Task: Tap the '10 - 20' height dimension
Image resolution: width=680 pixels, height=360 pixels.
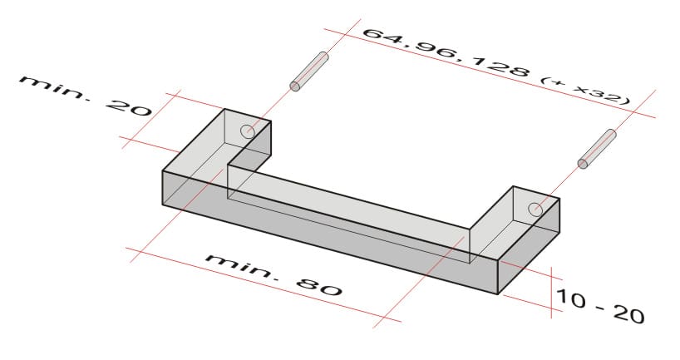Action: (599, 304)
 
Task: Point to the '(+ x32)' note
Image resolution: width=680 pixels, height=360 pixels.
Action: (585, 90)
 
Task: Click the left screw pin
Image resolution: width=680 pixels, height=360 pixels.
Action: (309, 71)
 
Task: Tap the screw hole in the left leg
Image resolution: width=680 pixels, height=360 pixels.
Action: (248, 131)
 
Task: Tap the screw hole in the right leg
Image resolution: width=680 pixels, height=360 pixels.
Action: (535, 209)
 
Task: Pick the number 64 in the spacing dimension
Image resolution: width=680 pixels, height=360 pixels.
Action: (385, 37)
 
